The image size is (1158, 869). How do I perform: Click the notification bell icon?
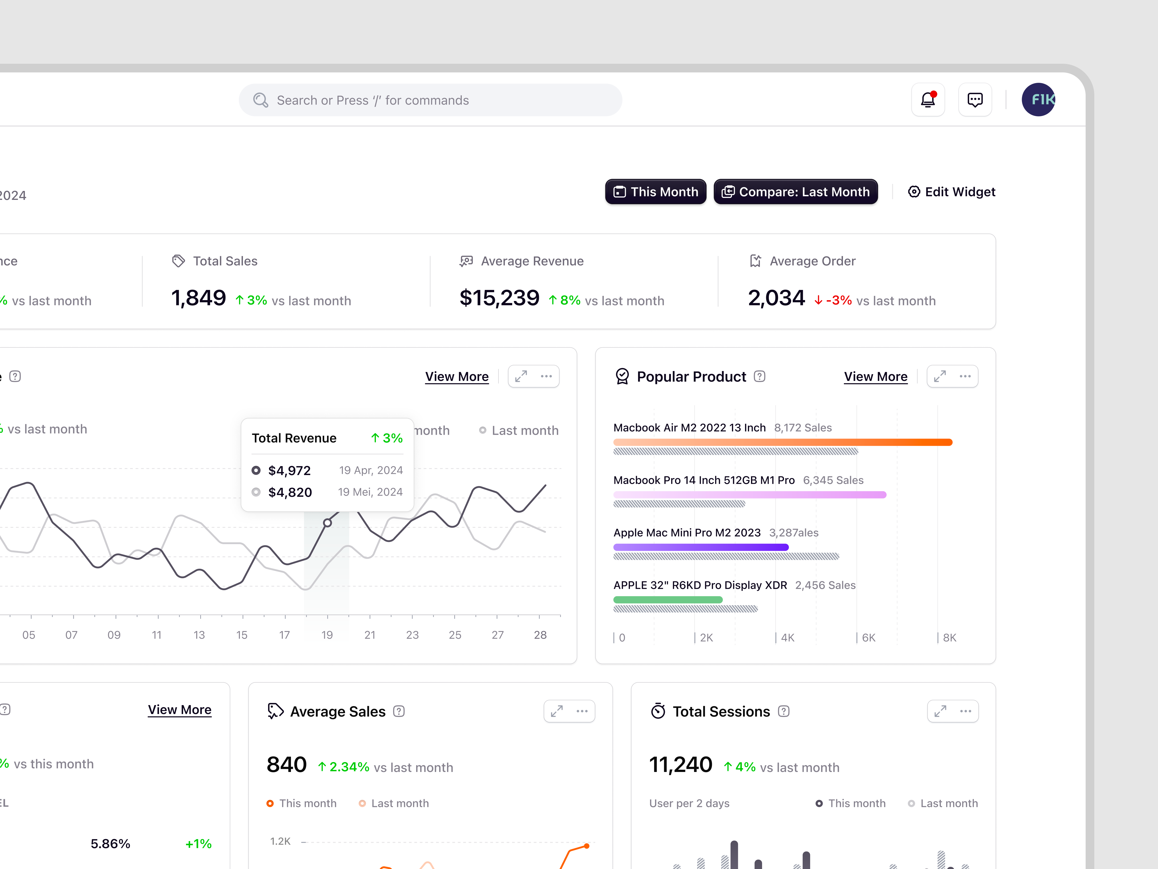pos(928,99)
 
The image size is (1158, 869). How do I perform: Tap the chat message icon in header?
pos(975,99)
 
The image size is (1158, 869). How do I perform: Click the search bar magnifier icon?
pos(260,100)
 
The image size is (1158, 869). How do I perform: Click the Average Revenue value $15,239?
pos(499,298)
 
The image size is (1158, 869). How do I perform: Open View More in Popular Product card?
pos(875,377)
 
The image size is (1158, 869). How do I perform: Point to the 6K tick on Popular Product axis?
pos(868,638)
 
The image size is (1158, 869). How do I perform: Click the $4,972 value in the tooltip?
pos(289,470)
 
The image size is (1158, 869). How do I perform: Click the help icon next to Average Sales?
pos(399,711)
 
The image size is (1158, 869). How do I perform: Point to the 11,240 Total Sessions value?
pos(681,765)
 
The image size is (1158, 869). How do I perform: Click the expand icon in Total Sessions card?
pos(940,711)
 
